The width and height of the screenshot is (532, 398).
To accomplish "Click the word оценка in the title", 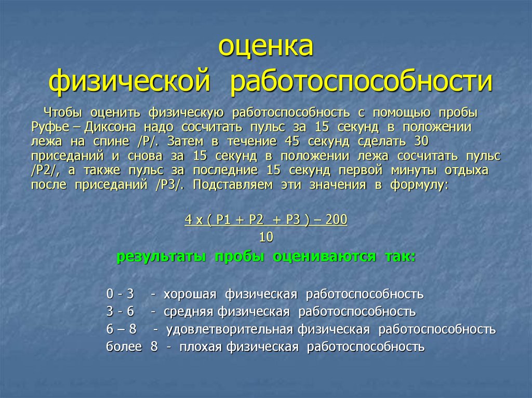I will point(265,48).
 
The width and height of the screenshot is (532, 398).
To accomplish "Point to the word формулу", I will point(420,185).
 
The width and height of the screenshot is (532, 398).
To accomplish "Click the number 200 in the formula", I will point(337,220).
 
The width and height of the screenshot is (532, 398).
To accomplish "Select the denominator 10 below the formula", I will point(266,237).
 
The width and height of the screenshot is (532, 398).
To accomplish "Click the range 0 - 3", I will point(120,294).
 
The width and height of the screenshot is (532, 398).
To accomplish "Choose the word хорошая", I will point(190,294).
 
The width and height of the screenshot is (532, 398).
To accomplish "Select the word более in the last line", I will point(124,347).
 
